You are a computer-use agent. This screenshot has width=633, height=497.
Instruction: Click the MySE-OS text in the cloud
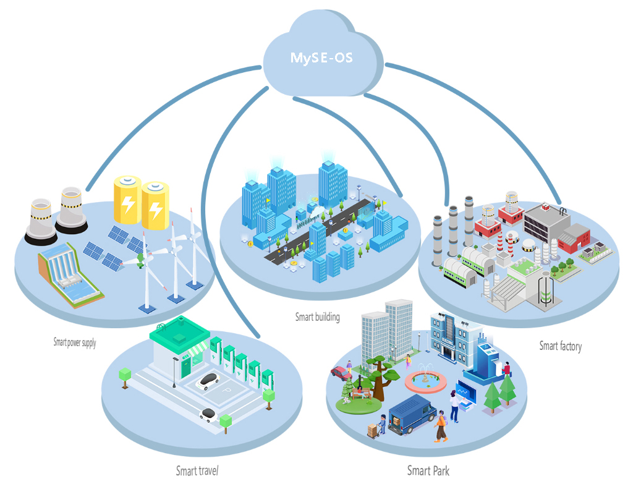click(x=321, y=59)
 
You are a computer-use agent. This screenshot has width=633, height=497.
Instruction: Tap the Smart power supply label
click(x=74, y=342)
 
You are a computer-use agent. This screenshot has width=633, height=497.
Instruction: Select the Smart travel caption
click(x=197, y=471)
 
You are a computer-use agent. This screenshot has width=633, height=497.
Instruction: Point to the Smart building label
click(x=317, y=317)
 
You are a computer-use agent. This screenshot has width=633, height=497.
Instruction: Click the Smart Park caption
click(x=428, y=471)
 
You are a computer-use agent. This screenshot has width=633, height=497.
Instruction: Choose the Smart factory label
click(x=560, y=346)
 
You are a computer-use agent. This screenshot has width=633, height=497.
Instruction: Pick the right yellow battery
click(x=155, y=205)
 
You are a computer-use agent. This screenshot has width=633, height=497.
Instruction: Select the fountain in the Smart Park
click(x=425, y=380)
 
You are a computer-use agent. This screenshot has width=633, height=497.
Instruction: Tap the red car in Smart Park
click(x=341, y=373)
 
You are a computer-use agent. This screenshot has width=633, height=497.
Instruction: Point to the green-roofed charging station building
click(x=177, y=349)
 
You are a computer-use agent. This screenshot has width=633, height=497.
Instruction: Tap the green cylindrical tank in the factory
click(x=545, y=291)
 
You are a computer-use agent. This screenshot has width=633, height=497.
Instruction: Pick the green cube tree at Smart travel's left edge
click(x=125, y=375)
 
